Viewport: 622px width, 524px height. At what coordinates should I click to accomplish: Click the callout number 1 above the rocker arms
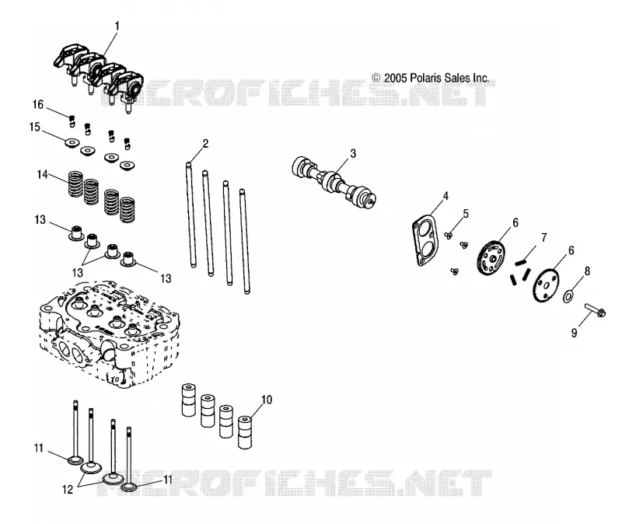point(117,26)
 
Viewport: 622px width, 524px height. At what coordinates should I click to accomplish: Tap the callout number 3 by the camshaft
point(353,153)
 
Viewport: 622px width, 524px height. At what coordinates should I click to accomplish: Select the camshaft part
point(334,181)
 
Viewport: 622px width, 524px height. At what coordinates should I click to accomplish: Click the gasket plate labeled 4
point(425,240)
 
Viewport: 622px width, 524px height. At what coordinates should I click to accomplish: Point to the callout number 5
point(466,214)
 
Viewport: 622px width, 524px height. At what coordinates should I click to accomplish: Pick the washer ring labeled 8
point(568,296)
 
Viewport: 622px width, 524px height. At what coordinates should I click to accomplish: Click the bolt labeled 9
point(594,310)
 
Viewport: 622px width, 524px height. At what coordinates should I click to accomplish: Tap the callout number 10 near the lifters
point(267,400)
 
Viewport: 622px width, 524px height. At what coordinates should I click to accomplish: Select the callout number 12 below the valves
point(68,490)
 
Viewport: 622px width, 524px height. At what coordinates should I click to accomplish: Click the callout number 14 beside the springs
point(43,174)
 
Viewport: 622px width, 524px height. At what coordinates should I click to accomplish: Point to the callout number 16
point(37,104)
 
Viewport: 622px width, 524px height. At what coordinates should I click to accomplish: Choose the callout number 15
point(35,127)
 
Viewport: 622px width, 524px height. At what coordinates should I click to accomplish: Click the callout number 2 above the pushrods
point(205,144)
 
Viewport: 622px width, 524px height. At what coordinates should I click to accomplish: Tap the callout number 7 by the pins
point(543,238)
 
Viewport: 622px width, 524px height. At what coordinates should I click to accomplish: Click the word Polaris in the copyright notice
point(425,78)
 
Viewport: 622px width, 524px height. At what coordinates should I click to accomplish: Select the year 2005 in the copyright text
point(396,78)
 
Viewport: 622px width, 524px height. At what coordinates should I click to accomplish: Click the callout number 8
point(588,271)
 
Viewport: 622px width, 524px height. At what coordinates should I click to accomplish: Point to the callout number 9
point(574,334)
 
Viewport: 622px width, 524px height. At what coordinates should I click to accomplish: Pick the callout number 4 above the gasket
point(446,196)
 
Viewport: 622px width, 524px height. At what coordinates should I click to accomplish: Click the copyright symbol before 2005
point(376,78)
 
